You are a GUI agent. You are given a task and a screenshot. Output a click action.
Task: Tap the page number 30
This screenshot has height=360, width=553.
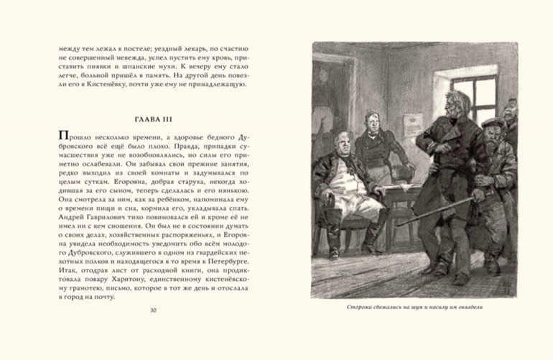point(152,310)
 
